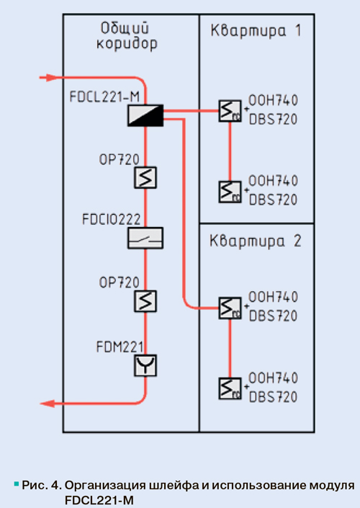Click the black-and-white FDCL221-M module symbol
pyautogui.click(x=145, y=115)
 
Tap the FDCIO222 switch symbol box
pyautogui.click(x=145, y=238)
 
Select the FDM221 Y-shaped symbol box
pyautogui.click(x=145, y=365)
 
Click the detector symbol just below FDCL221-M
pyautogui.click(x=145, y=177)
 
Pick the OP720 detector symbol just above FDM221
pyautogui.click(x=145, y=301)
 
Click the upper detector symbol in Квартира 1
pyautogui.click(x=230, y=111)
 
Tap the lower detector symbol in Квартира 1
pyautogui.click(x=230, y=192)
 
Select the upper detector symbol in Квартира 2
pyautogui.click(x=230, y=308)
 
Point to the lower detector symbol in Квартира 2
pyautogui.click(x=230, y=388)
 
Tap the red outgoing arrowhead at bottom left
pyautogui.click(x=48, y=404)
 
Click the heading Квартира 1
pyautogui.click(x=256, y=31)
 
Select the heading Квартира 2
pyautogui.click(x=256, y=241)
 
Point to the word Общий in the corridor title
pyautogui.click(x=125, y=28)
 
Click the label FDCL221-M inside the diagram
pyautogui.click(x=104, y=97)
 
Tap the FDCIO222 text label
pyautogui.click(x=112, y=219)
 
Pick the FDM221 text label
pyautogui.click(x=120, y=347)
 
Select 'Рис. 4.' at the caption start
pyautogui.click(x=42, y=485)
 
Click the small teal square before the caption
pyautogui.click(x=16, y=484)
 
